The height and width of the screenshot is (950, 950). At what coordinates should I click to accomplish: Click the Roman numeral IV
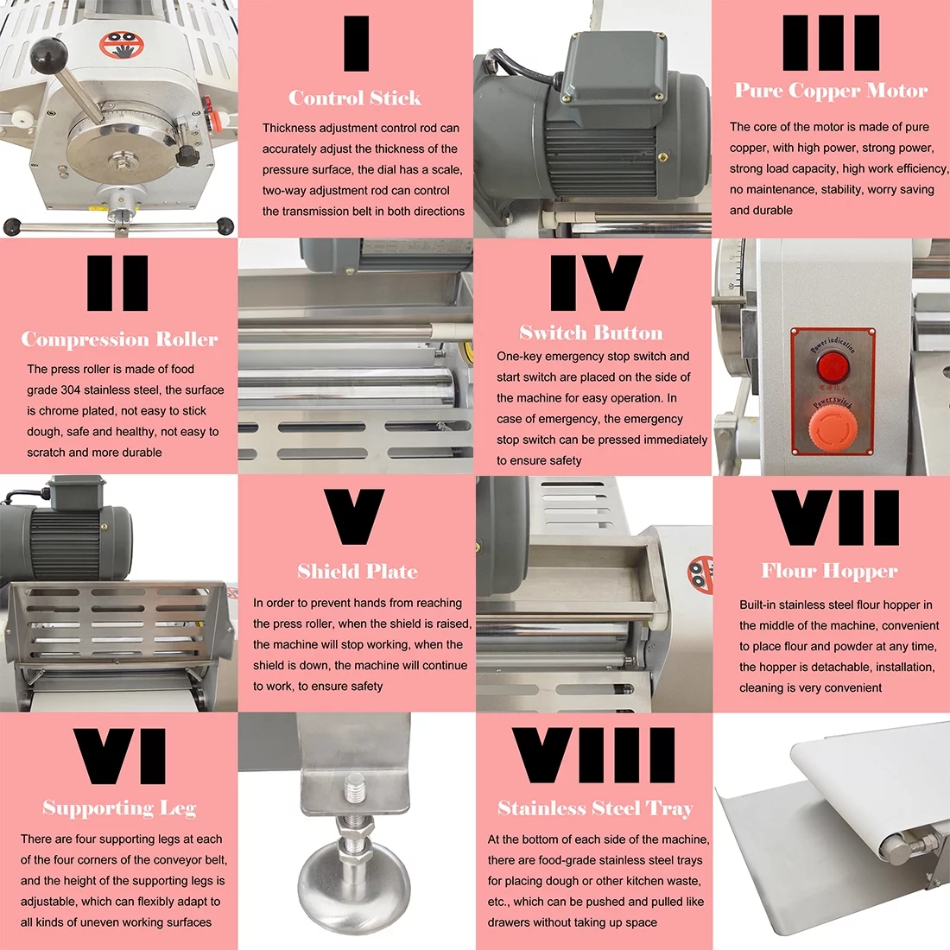[596, 283]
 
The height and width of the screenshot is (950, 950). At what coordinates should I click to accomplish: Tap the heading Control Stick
[355, 98]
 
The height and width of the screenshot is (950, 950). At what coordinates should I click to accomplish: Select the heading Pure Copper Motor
[831, 91]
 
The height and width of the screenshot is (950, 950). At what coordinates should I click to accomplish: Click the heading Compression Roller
[119, 339]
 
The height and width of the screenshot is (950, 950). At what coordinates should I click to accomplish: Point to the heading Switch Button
[592, 333]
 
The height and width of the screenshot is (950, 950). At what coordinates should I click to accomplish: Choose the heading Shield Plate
[357, 572]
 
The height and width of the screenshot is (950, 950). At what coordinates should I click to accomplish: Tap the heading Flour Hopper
[829, 571]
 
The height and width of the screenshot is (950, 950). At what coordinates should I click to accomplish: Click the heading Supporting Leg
[119, 808]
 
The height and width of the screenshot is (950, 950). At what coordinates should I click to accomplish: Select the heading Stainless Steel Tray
[595, 808]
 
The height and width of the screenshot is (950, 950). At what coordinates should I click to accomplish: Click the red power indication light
[833, 366]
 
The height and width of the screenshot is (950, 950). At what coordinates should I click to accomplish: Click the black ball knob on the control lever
[48, 56]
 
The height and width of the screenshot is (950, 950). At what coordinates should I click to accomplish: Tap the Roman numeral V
[354, 517]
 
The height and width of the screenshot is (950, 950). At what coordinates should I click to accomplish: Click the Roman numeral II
[117, 283]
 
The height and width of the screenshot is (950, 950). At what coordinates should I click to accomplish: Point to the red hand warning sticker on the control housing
[117, 44]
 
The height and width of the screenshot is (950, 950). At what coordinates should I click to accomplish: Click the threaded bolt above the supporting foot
[355, 799]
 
